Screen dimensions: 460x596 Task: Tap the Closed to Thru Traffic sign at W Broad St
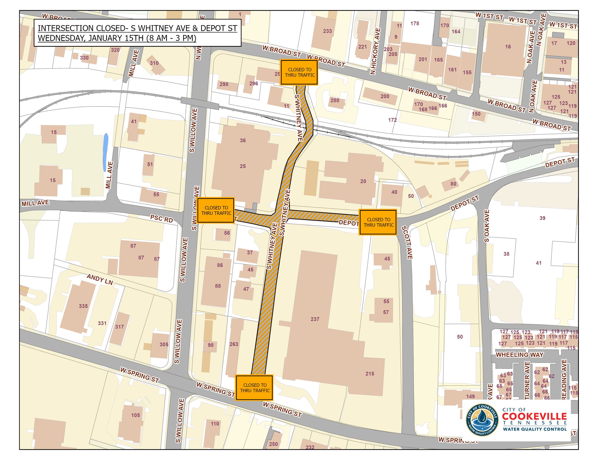300,73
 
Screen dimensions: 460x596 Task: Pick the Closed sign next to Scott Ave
378,222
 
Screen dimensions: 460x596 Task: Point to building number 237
315,319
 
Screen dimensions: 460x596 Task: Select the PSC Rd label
162,219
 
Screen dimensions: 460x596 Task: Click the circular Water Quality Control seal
482,420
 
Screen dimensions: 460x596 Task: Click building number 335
83,306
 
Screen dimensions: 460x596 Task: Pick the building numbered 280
335,100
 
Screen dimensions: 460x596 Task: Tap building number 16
508,47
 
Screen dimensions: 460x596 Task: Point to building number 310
154,63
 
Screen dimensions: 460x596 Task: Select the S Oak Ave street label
487,226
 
